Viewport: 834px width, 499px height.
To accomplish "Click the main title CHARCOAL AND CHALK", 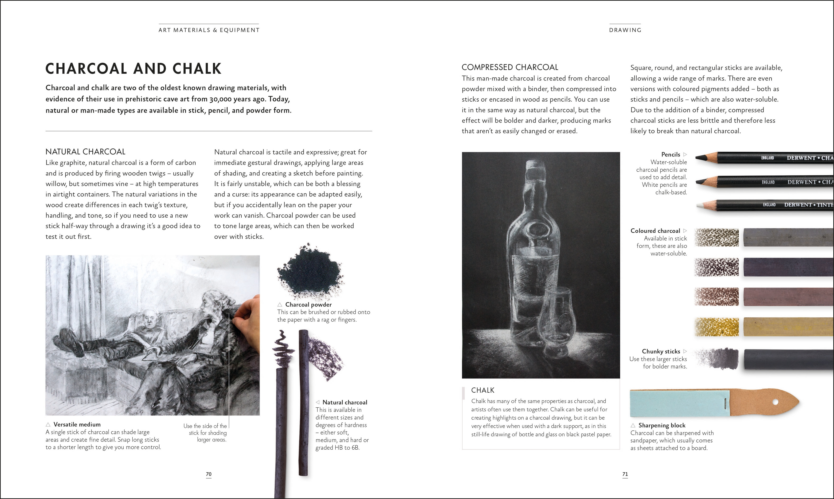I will tap(133, 69).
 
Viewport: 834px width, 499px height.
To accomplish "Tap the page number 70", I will tap(208, 474).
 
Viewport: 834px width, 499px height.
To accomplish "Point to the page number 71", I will tap(625, 474).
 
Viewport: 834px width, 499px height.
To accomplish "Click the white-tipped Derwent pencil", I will tap(763, 205).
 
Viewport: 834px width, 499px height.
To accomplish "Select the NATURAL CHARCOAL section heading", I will tap(85, 152).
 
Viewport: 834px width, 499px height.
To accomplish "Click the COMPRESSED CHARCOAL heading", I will tap(510, 67).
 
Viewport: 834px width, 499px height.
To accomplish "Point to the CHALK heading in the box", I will tap(483, 390).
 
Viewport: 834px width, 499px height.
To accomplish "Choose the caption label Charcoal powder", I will tap(308, 304).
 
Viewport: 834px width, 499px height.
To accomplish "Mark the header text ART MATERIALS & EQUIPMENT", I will tap(209, 30).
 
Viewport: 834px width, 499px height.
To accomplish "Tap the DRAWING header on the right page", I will tap(625, 30).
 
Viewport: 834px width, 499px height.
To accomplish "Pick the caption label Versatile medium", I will tap(77, 424).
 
